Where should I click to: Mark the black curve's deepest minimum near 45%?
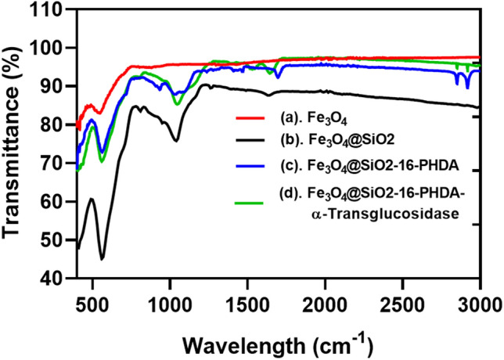point(103,259)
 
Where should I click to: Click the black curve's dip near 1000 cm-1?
point(176,141)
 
